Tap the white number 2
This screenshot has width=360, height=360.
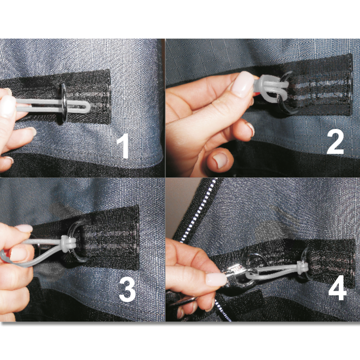pos(335,141)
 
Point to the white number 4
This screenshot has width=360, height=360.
pos(337,290)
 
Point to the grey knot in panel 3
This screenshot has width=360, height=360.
pos(66,243)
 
